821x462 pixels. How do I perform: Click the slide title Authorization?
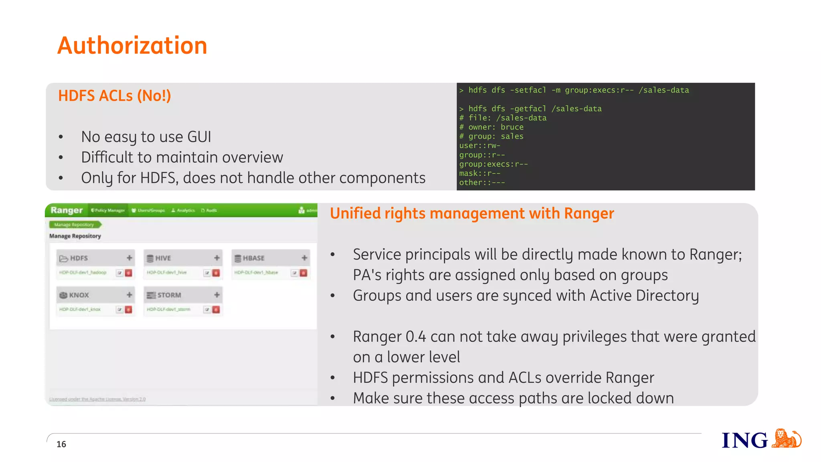point(132,45)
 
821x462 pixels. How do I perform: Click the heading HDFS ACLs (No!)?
point(114,96)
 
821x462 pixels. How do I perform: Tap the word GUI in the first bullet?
point(199,137)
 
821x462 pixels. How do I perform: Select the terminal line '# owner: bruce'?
point(491,127)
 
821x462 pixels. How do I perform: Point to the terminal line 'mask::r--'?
point(480,173)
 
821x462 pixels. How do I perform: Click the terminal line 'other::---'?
point(482,182)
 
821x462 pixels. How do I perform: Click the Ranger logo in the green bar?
point(67,210)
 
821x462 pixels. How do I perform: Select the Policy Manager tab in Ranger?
point(108,210)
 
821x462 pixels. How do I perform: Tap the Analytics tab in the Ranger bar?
point(183,210)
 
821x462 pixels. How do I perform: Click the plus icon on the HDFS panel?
point(129,258)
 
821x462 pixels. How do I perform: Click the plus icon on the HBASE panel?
point(304,258)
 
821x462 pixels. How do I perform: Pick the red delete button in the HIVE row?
point(216,273)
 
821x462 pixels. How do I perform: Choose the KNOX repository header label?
point(79,295)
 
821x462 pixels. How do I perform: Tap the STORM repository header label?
point(169,295)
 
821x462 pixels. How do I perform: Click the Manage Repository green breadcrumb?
point(75,225)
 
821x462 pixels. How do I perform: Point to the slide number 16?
point(61,444)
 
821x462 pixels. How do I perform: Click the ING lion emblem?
point(786,438)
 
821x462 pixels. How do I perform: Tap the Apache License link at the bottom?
point(97,399)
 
